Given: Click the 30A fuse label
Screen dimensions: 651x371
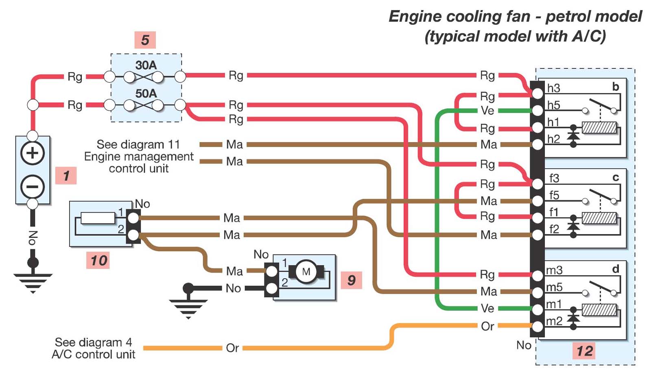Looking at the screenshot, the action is pos(146,65).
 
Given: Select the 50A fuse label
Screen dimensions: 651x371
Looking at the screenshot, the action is pos(146,93).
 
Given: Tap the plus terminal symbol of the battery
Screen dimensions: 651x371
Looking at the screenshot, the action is pos(33,153).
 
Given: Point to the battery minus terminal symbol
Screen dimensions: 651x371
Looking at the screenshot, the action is pos(33,187).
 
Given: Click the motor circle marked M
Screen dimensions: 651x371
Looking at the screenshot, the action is pos(306,272).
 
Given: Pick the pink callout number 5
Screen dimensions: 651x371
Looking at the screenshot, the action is pos(145,40).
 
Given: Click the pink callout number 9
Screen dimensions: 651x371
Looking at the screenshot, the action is pos(352,280).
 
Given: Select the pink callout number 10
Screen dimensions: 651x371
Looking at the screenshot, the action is pos(98,260).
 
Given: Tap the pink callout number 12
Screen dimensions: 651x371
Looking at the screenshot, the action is pos(584,351).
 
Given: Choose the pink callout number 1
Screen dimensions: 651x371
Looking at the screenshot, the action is pos(66,176).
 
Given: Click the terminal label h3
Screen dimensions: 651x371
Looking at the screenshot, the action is pos(553,88).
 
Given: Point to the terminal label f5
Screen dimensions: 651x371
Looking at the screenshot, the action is pos(554,195).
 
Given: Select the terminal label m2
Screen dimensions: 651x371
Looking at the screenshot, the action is pos(555,321).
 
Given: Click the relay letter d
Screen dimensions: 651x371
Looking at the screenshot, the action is pos(615,269).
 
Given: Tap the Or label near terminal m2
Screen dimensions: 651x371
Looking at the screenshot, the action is pos(487,326).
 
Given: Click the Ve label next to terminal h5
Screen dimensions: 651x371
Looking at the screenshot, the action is pos(487,111).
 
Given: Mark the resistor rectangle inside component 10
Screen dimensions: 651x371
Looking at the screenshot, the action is pos(98,218).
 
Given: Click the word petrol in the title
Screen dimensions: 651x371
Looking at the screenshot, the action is pos(568,16).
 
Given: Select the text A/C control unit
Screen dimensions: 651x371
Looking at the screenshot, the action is pos(93,354).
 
